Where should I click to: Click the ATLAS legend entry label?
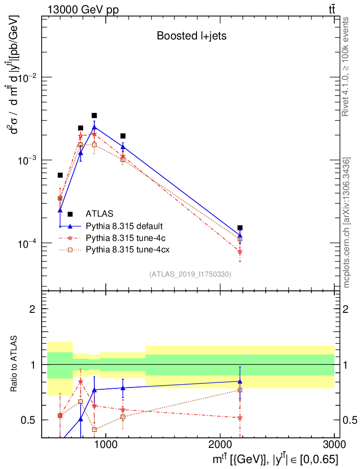[99, 213]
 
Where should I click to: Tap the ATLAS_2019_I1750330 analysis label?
[190, 274]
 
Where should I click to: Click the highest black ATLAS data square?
[94, 115]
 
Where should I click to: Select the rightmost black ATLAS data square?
[240, 228]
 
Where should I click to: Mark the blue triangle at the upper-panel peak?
[94, 127]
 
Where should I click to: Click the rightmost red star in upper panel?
[240, 251]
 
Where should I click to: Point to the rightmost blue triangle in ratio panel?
[240, 381]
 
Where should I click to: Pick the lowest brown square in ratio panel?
[94, 430]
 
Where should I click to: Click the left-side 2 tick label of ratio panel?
[33, 309]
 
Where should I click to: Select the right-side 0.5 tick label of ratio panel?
[348, 420]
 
